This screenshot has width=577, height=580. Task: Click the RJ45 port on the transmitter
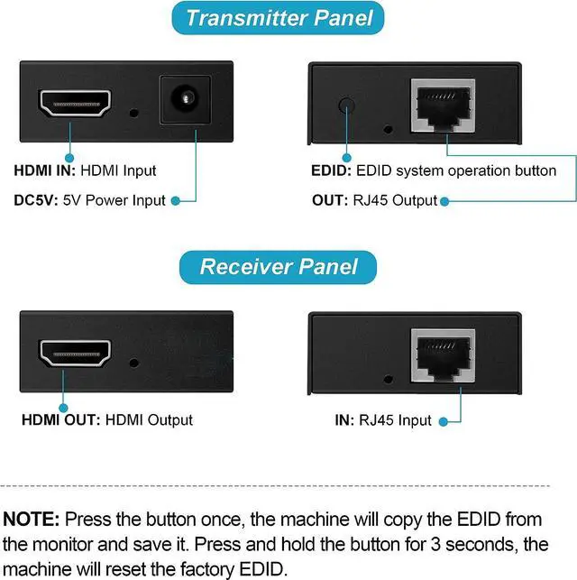point(444,105)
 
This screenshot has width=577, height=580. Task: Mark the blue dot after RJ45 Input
point(441,420)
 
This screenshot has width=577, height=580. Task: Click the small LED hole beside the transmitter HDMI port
point(133,115)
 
